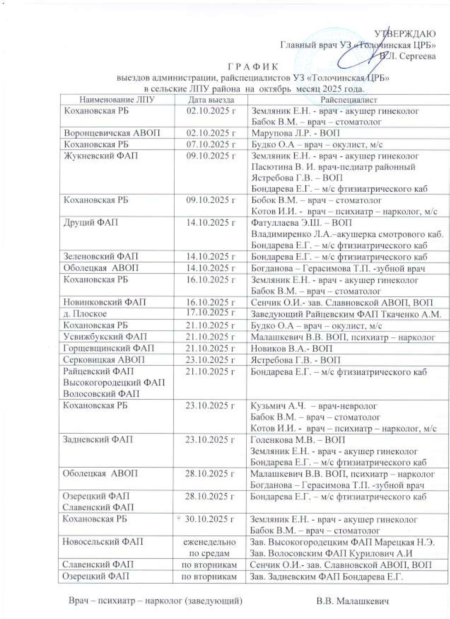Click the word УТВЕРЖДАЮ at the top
point(405,34)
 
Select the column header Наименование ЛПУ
point(117,100)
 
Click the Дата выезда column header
point(211,100)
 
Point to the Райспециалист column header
point(349,100)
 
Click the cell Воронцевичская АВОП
point(112,133)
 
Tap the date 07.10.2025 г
point(211,144)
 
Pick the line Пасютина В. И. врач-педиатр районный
point(333,167)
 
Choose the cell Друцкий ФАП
point(90,222)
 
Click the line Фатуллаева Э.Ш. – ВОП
point(301,222)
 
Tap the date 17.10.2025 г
point(211,312)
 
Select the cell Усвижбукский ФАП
point(105,337)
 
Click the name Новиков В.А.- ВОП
point(292,348)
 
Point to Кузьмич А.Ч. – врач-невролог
point(314,406)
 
